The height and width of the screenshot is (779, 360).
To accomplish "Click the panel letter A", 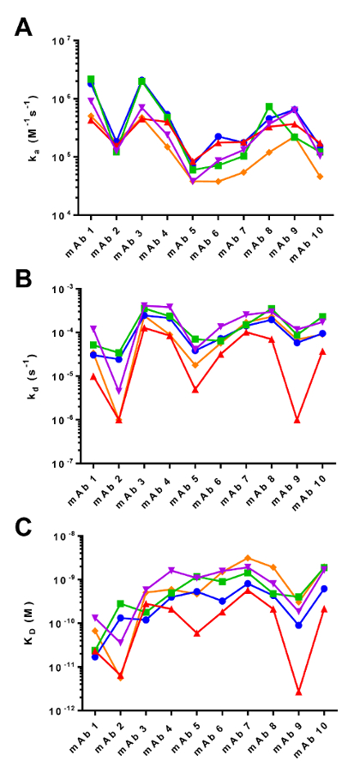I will (25, 27).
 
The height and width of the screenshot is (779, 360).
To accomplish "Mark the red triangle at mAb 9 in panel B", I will (297, 420).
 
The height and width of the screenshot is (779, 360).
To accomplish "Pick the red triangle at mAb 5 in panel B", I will (196, 389).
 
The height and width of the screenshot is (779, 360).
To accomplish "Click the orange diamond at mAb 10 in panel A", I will (320, 177).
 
